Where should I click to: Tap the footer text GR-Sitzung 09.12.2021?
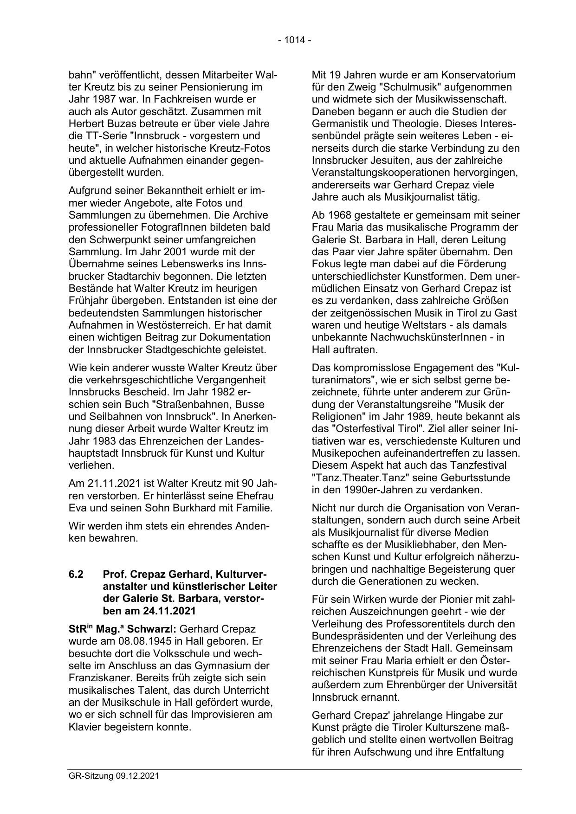pyautogui.click(x=114, y=776)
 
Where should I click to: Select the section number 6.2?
pyautogui.click(x=76, y=574)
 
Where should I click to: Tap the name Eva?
pyautogui.click(x=78, y=508)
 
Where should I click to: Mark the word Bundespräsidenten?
pyautogui.click(x=355, y=636)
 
